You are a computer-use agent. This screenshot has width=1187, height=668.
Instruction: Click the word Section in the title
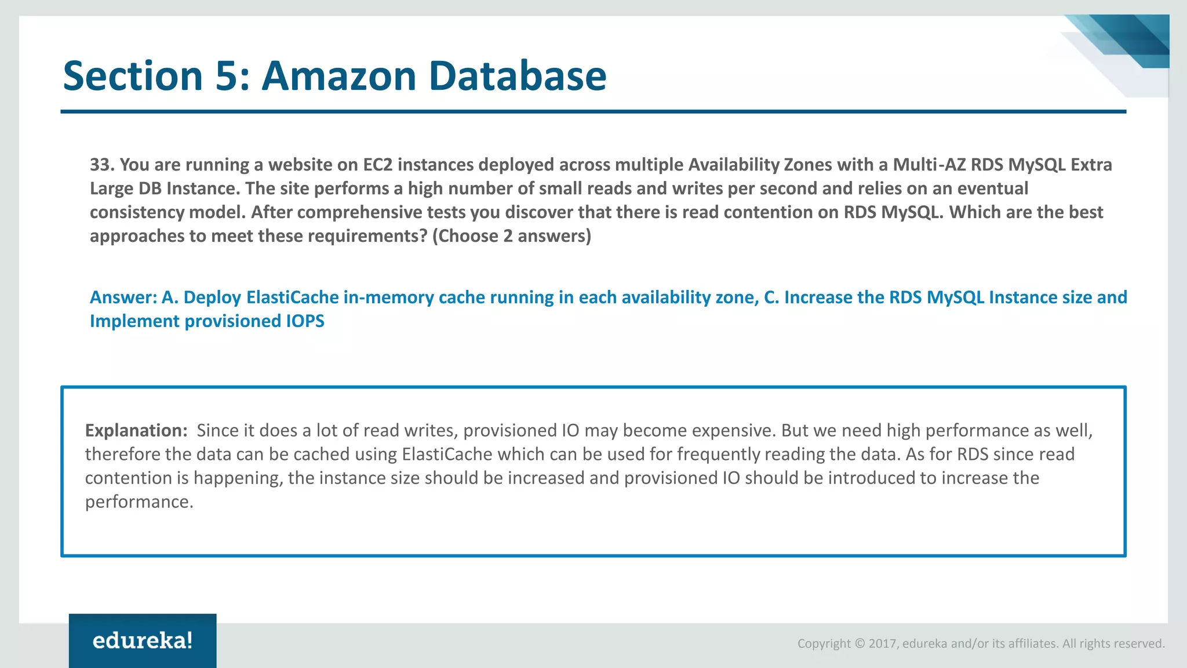point(133,76)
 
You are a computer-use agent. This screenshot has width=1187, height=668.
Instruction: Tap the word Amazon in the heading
point(339,76)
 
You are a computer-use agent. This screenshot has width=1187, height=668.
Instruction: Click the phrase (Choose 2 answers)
point(512,236)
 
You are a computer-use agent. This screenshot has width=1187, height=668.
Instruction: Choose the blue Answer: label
point(123,297)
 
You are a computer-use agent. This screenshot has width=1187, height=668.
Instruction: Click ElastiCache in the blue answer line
point(293,297)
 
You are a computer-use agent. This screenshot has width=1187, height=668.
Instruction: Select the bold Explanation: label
point(136,430)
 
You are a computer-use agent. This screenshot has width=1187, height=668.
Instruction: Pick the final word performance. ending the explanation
point(139,502)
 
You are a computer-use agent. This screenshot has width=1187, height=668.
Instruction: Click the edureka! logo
point(143,641)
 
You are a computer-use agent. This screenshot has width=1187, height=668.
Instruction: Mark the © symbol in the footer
point(860,644)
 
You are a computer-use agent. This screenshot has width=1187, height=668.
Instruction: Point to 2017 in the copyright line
point(882,644)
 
